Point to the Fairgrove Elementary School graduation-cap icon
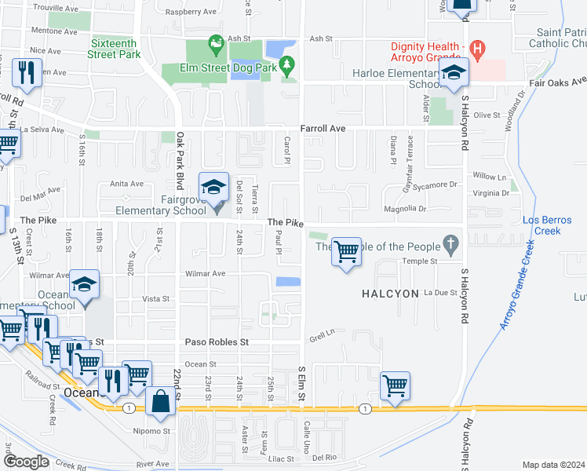click(x=213, y=188)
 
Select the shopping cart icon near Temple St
click(x=346, y=252)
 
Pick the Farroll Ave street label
click(x=323, y=128)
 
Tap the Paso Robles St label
click(x=217, y=342)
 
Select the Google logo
click(x=26, y=461)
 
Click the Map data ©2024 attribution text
click(x=553, y=465)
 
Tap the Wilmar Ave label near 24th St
click(x=205, y=274)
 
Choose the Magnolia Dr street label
click(x=404, y=209)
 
